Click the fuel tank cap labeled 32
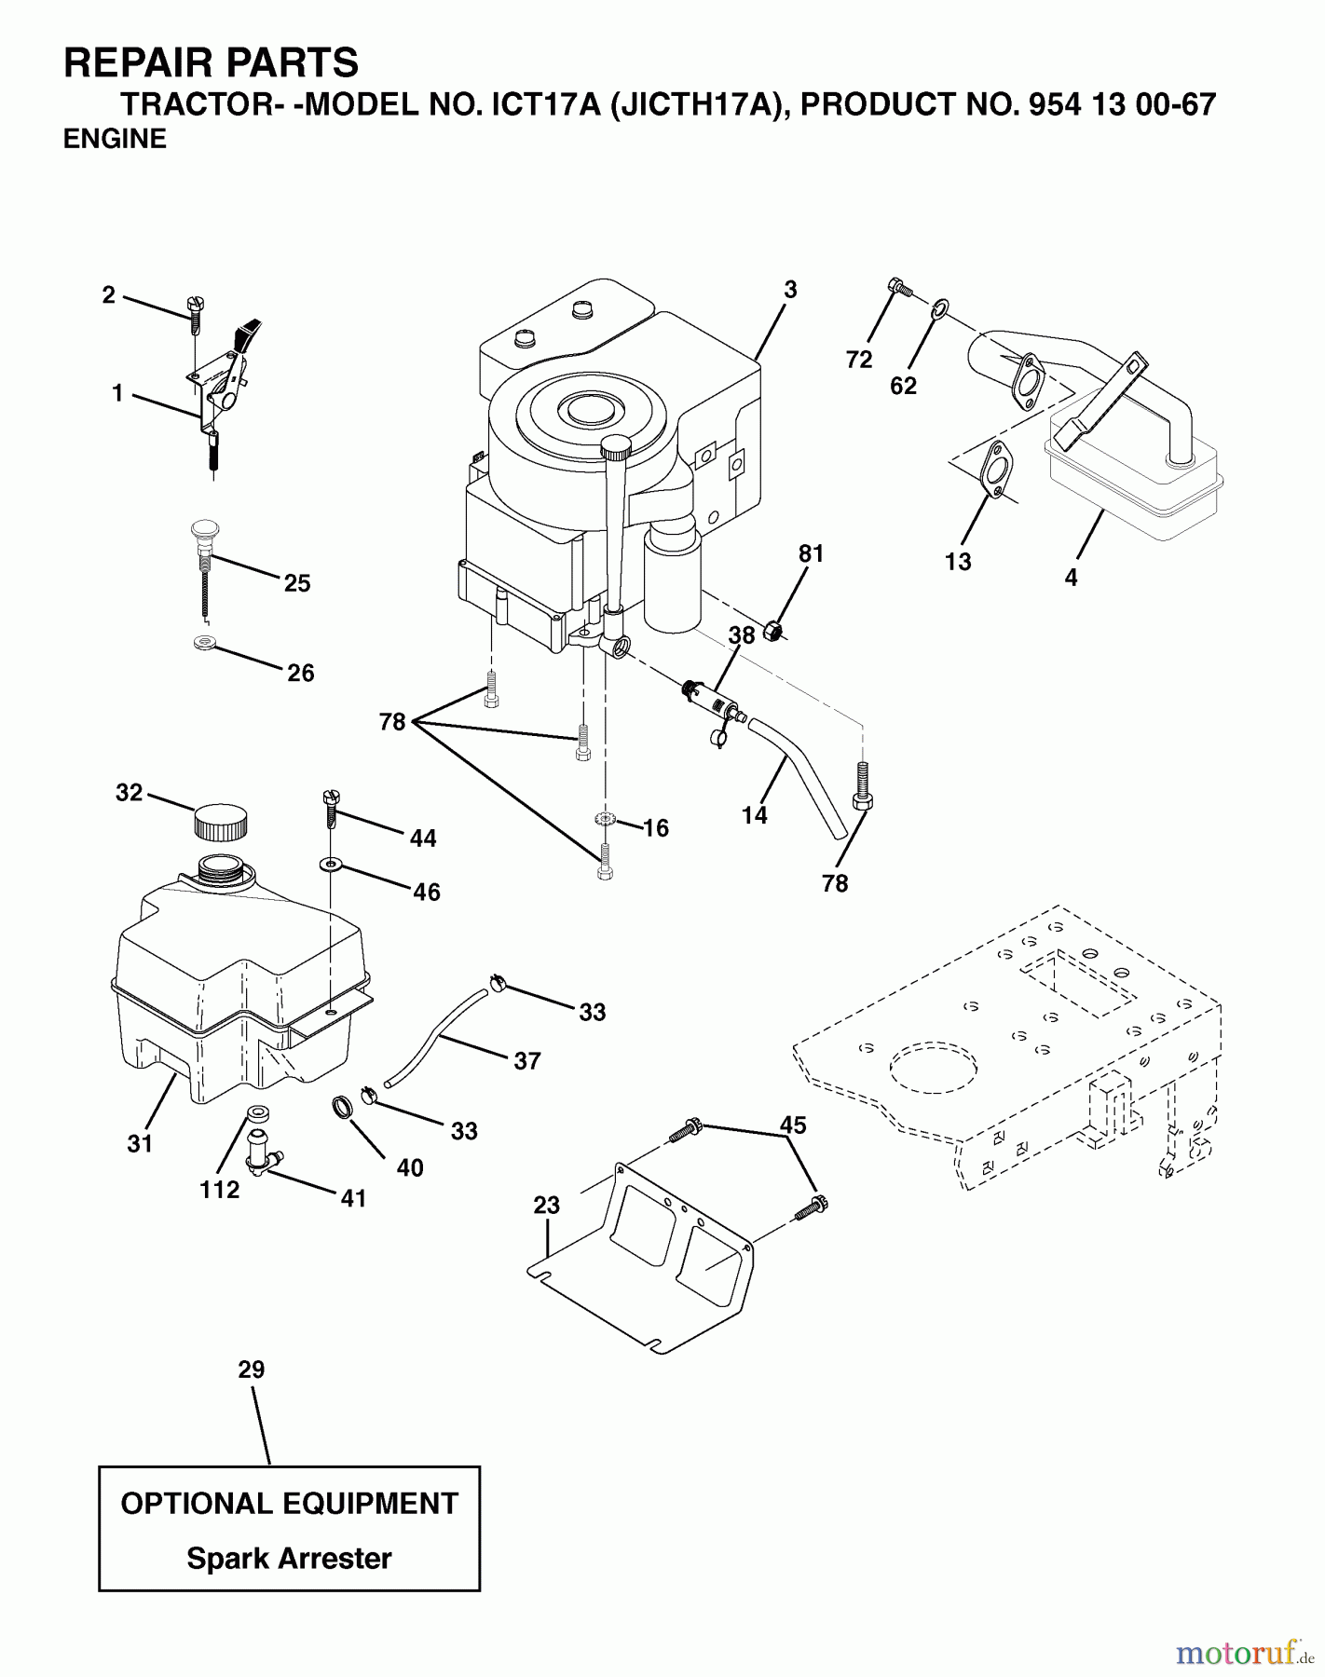coord(221,823)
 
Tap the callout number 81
coord(811,553)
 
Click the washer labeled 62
coord(939,307)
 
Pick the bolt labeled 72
coord(898,287)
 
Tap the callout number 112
coord(219,1190)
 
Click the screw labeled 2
coord(195,314)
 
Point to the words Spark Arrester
coord(289,1558)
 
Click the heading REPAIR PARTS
coord(211,63)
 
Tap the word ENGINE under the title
coord(115,139)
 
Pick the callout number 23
coord(546,1205)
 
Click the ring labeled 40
coord(343,1109)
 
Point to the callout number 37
coord(526,1060)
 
